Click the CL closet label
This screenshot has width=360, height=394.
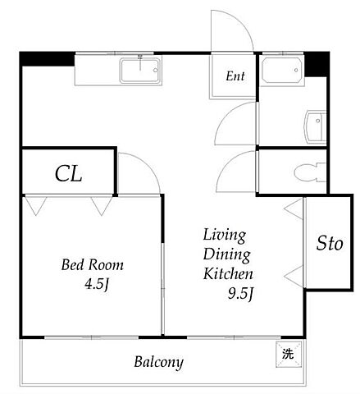tap(68, 173)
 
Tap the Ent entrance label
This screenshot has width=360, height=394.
tap(235, 76)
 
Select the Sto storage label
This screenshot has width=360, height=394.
tap(330, 243)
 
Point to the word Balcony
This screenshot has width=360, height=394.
tap(158, 362)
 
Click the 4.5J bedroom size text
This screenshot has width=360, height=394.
tap(97, 285)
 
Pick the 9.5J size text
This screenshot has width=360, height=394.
tap(240, 294)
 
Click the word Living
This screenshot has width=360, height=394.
tap(225, 236)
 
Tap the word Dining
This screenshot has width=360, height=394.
tap(226, 254)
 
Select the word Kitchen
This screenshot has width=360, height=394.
tap(228, 274)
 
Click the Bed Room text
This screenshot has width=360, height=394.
tap(93, 265)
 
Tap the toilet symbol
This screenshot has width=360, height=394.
tap(310, 172)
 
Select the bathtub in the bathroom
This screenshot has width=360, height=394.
tap(282, 71)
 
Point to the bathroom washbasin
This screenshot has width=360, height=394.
tap(316, 127)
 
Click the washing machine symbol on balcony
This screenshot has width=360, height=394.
tap(289, 354)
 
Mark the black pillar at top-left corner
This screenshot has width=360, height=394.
tap(48, 59)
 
